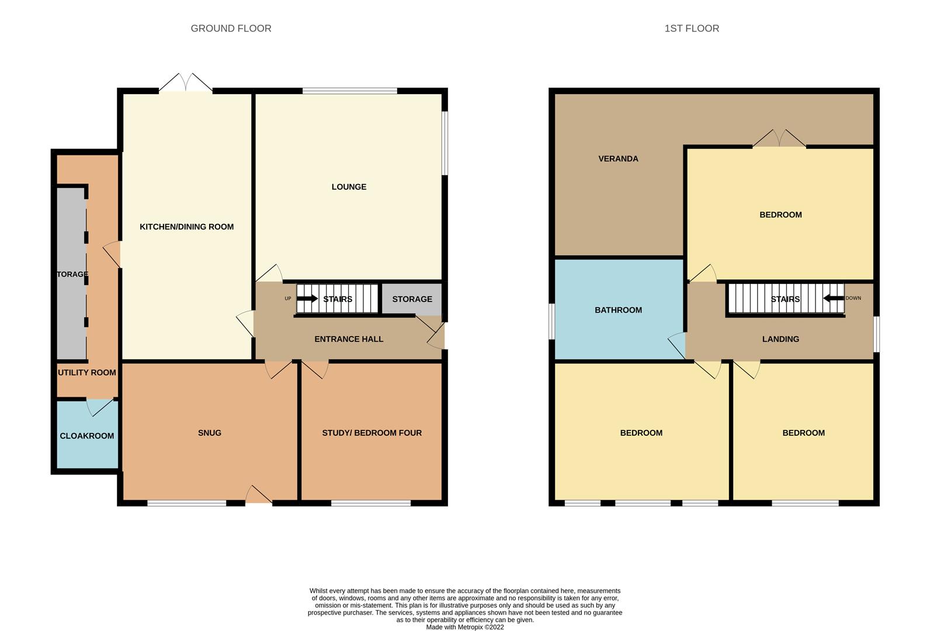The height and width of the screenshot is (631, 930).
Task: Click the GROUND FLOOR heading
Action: pos(231,28)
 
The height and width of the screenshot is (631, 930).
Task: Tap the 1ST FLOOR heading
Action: pos(692,28)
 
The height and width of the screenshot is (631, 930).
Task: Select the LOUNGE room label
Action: pos(349,187)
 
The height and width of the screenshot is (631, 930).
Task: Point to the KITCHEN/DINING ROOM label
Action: pos(186,227)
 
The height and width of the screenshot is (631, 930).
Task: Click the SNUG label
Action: pos(210,432)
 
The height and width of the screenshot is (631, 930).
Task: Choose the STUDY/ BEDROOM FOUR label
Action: pos(372,432)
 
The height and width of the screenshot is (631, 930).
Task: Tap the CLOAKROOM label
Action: pos(87,436)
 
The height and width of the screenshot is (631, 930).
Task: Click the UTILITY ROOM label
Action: pos(87,372)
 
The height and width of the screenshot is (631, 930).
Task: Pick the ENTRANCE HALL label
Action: pos(349,339)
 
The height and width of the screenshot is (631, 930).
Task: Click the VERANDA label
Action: pos(618,158)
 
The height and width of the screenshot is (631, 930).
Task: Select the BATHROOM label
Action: pos(618,310)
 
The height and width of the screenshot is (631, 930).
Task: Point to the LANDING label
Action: pos(780,339)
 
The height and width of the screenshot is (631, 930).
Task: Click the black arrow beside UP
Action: pos(307,299)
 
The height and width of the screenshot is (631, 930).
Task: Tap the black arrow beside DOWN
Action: pos(834,298)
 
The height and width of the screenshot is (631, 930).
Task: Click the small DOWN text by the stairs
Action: pos(853,298)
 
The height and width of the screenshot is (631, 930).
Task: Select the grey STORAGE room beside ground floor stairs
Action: pos(412,299)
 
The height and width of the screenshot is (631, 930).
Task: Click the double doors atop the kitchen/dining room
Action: pos(186,82)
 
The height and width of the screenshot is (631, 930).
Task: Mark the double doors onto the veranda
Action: pos(779,138)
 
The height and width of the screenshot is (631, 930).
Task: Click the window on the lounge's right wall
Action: pos(445,143)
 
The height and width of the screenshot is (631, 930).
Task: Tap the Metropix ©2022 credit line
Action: pos(465,627)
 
